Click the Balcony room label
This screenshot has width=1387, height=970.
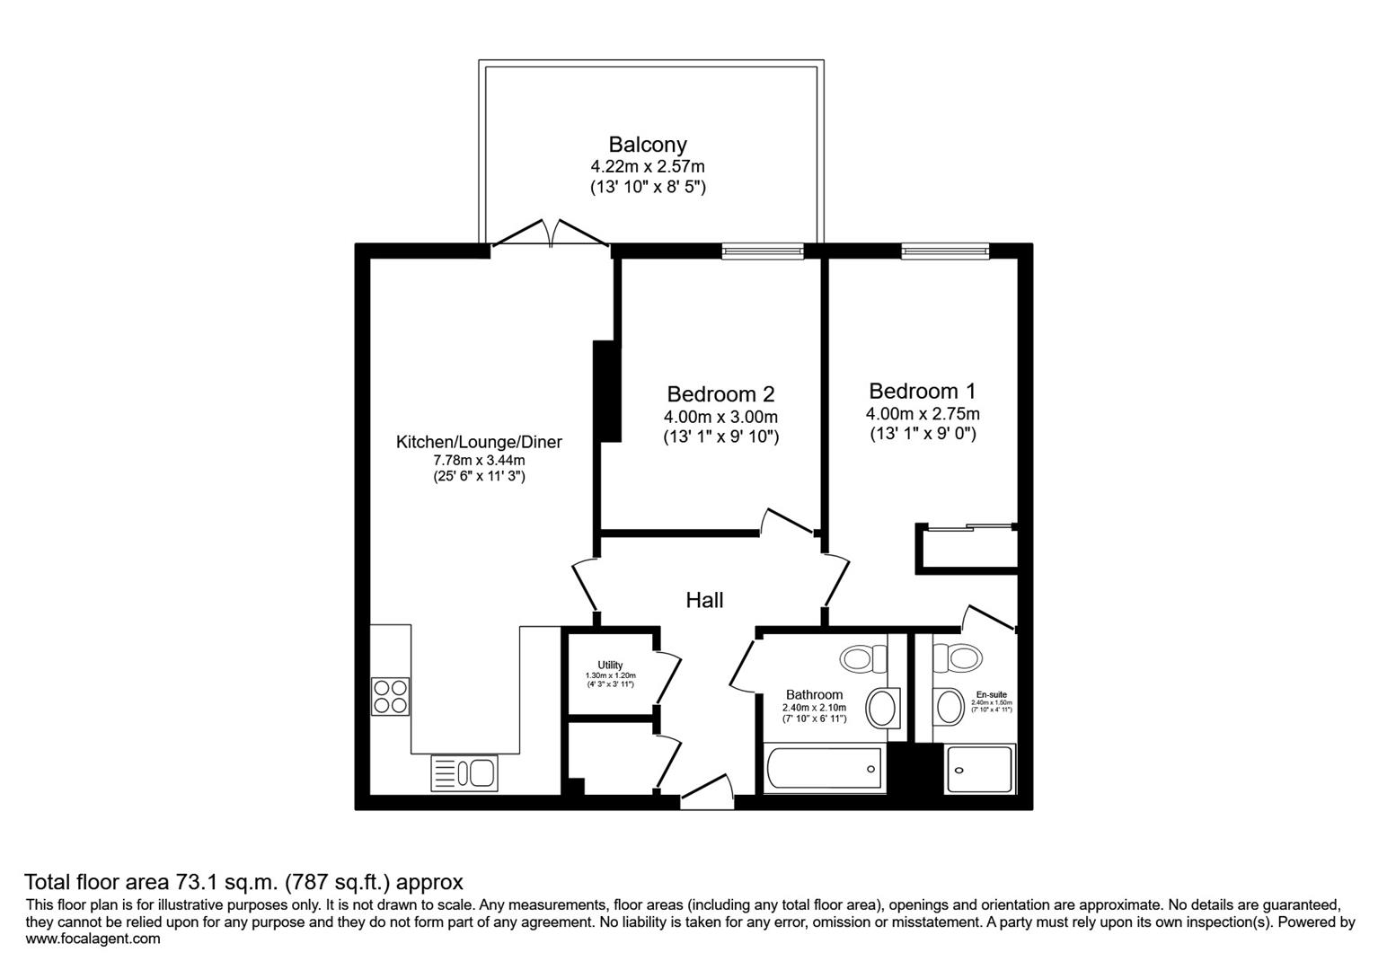tap(647, 145)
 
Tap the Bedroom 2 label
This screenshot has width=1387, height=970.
tap(720, 394)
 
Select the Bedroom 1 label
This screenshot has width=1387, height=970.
tap(922, 392)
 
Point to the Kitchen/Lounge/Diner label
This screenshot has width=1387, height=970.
tap(479, 442)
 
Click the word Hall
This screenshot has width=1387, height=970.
tap(704, 600)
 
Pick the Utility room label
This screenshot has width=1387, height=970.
tap(610, 665)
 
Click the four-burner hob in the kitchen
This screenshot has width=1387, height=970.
tap(391, 696)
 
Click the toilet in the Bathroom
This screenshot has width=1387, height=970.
tap(864, 659)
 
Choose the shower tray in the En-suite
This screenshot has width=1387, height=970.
tap(980, 770)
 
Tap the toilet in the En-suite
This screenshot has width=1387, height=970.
tap(958, 657)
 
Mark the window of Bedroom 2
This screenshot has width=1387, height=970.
tap(763, 251)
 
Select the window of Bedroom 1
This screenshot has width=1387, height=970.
tap(945, 251)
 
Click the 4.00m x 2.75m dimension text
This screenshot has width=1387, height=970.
tap(922, 414)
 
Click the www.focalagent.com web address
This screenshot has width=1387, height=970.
tap(93, 939)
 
